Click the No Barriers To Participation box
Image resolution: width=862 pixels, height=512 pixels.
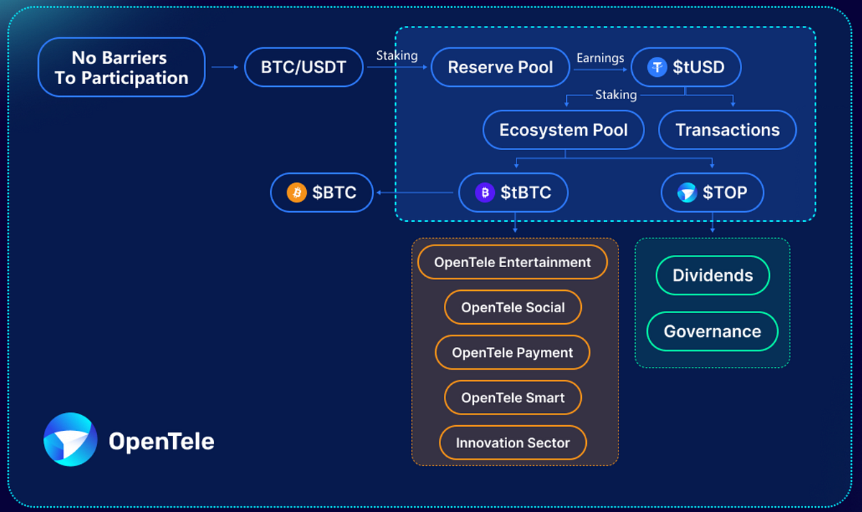121,68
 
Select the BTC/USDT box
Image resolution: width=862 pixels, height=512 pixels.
304,68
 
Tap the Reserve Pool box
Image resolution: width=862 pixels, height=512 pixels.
500,68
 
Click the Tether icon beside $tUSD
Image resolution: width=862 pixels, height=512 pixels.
657,68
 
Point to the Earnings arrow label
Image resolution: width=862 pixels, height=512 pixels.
600,58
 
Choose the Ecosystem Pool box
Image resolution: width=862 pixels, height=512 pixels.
563,130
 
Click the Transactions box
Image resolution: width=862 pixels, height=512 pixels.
727,130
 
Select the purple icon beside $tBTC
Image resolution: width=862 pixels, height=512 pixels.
485,192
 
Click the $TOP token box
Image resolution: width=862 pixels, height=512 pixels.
712,192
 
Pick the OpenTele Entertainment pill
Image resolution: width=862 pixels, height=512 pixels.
512,262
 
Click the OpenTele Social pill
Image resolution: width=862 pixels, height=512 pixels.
512,307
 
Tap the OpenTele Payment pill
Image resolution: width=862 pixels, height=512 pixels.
512,353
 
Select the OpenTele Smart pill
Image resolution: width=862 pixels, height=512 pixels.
512,398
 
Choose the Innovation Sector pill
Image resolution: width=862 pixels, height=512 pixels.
512,443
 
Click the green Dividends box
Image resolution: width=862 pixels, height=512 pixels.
713,275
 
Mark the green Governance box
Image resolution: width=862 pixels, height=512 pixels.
712,331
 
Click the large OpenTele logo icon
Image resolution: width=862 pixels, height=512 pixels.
70,439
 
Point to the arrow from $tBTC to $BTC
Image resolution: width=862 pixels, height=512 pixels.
417,192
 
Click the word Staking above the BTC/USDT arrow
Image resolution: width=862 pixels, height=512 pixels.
397,55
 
